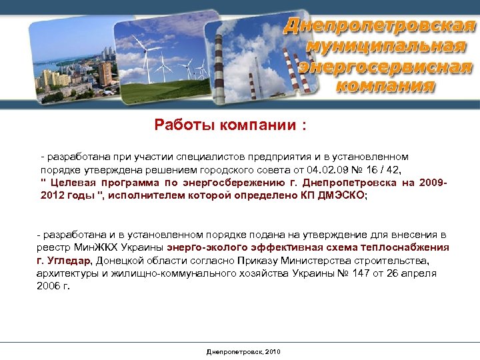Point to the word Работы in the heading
pos(179,125)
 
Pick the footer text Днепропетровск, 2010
pos(244,351)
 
